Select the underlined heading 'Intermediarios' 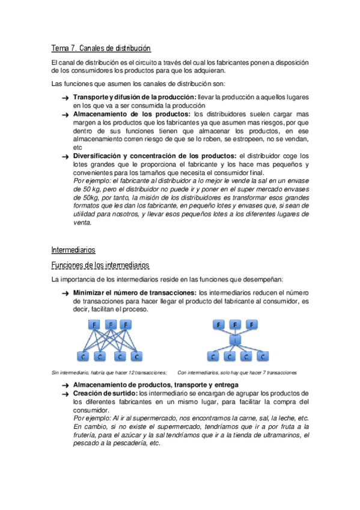coord(73,249)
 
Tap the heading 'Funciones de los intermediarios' coord(100,265)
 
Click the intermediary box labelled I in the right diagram coord(234,340)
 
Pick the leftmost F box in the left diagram coord(94,325)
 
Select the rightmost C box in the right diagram coord(262,357)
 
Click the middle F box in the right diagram coord(234,325)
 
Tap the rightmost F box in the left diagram coord(126,325)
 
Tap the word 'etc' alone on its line coord(77,147)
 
